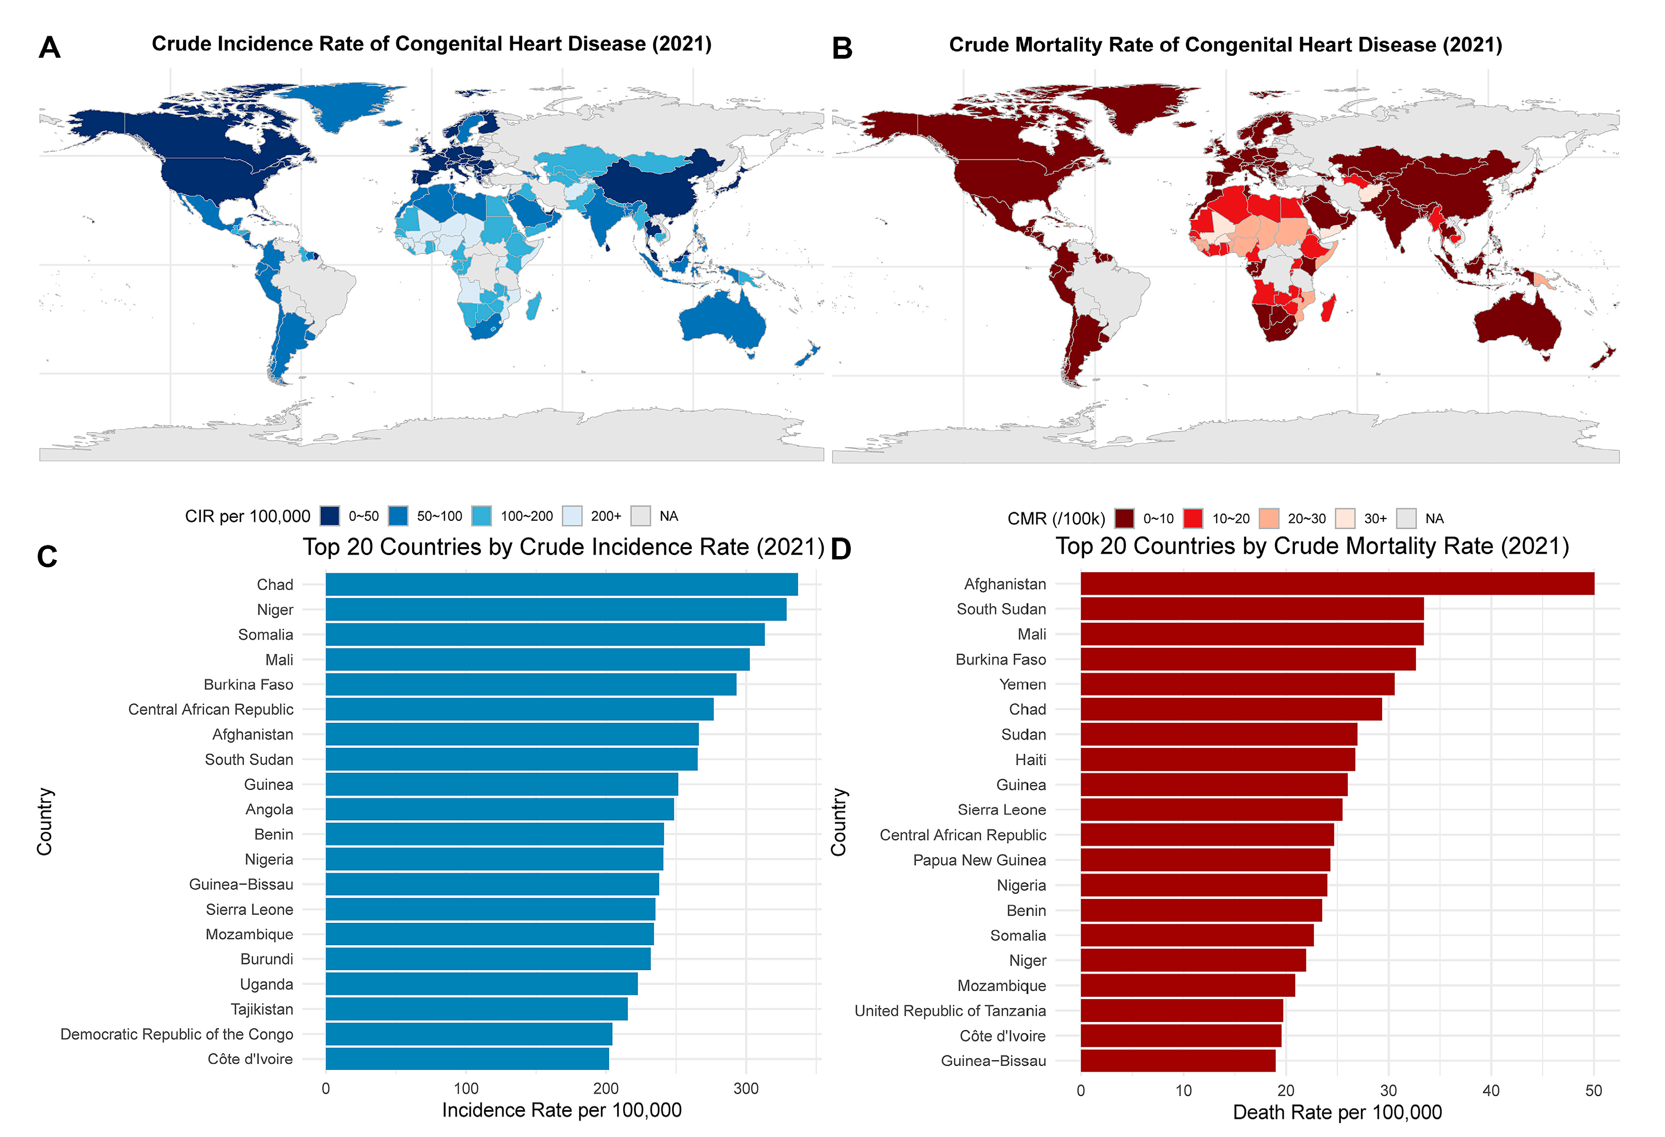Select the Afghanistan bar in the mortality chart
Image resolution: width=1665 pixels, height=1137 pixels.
point(1336,584)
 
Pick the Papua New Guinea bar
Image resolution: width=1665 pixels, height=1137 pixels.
point(1205,860)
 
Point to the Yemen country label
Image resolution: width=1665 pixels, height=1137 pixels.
point(1023,685)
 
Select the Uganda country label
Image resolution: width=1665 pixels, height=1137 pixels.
point(267,984)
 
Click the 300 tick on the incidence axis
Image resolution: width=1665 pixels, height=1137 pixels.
point(746,1089)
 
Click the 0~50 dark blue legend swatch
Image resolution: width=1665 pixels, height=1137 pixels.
point(330,516)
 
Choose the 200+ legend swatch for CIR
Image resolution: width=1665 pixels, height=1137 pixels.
point(572,516)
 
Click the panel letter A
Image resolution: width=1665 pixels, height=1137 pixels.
point(50,48)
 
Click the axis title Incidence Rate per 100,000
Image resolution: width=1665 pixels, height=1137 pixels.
point(562,1110)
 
